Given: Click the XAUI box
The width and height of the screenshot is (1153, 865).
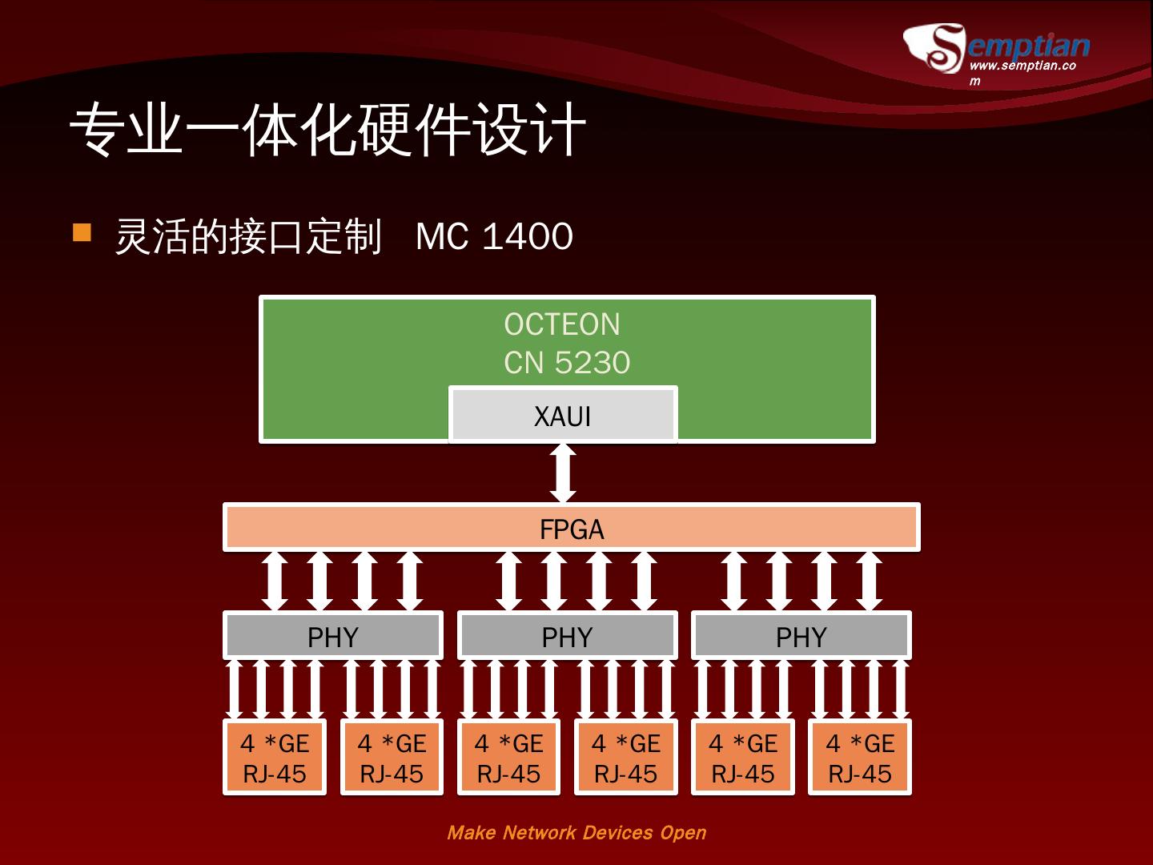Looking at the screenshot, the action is (x=563, y=416).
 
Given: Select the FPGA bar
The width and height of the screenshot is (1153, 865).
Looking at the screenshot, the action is (x=571, y=529).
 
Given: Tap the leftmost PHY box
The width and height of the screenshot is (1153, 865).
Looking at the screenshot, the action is (x=332, y=637).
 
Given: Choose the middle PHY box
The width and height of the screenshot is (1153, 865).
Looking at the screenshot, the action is (x=567, y=637).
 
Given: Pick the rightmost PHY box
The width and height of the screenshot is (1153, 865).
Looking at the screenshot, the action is (x=801, y=637).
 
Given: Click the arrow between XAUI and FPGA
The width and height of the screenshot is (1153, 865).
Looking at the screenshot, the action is (x=563, y=473).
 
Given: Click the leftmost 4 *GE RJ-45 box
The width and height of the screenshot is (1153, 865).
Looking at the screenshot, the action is (x=275, y=758).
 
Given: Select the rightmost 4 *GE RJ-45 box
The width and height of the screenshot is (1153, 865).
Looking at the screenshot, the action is (x=860, y=758).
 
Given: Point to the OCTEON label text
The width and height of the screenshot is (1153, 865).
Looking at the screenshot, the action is (x=562, y=324).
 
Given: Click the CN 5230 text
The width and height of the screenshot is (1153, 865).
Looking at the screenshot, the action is (x=567, y=363).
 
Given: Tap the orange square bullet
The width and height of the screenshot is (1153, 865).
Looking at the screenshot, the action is (x=82, y=232).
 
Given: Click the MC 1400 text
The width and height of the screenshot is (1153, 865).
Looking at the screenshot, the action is (x=494, y=237).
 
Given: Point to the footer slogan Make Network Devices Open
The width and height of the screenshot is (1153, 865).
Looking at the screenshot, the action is (x=576, y=833).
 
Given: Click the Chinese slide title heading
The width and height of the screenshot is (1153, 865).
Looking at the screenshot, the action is (x=327, y=130).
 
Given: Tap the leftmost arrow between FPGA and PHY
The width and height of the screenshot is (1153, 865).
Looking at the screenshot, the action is (x=275, y=581).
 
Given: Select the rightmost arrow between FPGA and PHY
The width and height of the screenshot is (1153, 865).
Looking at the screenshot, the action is (x=868, y=581).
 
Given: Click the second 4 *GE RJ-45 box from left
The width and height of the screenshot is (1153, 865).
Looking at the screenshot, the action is (x=392, y=758).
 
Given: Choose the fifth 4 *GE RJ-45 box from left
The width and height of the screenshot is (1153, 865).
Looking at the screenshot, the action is (x=743, y=758).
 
